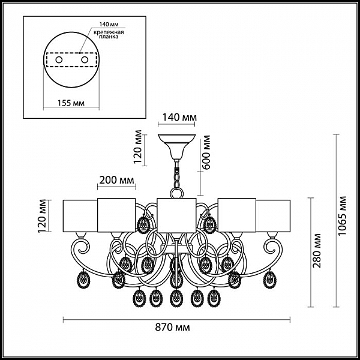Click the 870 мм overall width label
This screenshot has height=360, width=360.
click(x=172, y=328)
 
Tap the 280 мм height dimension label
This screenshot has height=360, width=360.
click(x=317, y=251)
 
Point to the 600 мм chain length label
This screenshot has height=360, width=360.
click(x=206, y=152)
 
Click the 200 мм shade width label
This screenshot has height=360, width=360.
click(x=116, y=180)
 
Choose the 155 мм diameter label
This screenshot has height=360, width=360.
click(x=71, y=103)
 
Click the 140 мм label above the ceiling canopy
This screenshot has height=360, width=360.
click(x=179, y=118)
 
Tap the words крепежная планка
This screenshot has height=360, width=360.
click(x=109, y=34)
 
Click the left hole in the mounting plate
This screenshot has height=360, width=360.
click(x=59, y=60)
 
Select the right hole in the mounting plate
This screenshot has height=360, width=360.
click(x=85, y=60)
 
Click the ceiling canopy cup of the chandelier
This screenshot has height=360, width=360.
click(x=176, y=147)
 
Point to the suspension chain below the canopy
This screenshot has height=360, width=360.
click(x=176, y=174)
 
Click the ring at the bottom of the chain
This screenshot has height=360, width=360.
click(x=176, y=193)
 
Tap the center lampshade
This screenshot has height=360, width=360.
click(x=176, y=215)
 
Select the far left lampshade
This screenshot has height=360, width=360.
click(x=80, y=216)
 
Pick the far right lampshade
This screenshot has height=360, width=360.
click(x=273, y=216)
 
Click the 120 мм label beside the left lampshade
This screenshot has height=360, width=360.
click(x=43, y=216)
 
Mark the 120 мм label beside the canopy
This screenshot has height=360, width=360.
click(x=138, y=147)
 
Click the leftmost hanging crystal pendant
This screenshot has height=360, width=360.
click(x=83, y=279)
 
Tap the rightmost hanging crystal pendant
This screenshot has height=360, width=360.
click(x=270, y=279)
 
